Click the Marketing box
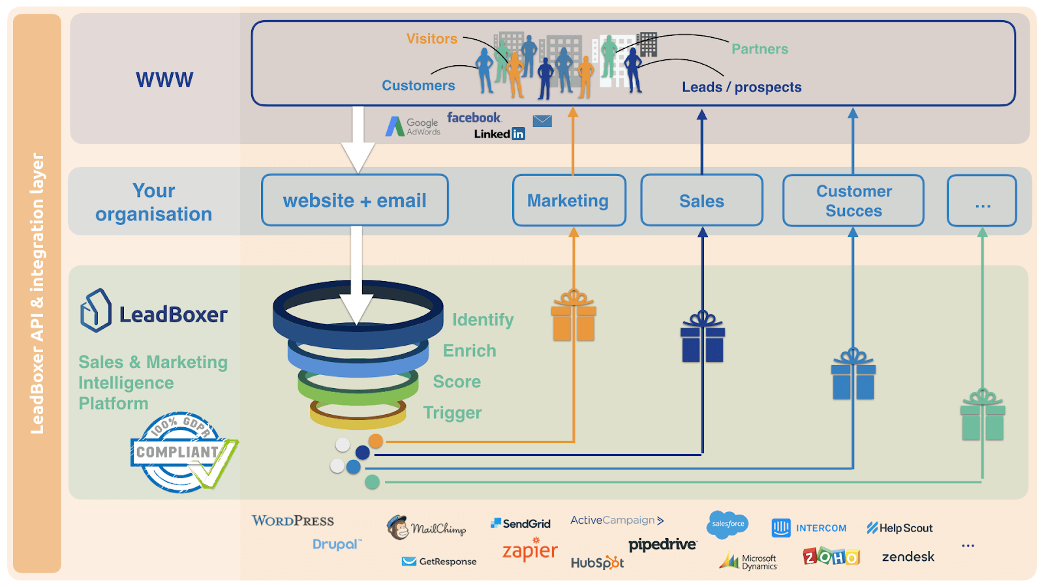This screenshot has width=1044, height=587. pyautogui.click(x=569, y=200)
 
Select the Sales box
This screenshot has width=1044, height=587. pyautogui.click(x=701, y=200)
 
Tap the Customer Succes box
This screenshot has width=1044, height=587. pyautogui.click(x=853, y=200)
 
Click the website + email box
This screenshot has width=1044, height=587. pyautogui.click(x=355, y=200)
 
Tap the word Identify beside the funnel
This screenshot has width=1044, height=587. pyautogui.click(x=483, y=320)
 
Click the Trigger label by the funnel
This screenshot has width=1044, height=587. pyautogui.click(x=452, y=413)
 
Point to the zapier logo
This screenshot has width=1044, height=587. pyautogui.click(x=530, y=550)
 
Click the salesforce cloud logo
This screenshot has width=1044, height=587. pyautogui.click(x=728, y=524)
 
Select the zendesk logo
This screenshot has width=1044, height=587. pyautogui.click(x=908, y=557)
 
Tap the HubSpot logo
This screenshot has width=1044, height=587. pyautogui.click(x=597, y=562)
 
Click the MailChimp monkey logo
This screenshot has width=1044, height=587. pyautogui.click(x=397, y=527)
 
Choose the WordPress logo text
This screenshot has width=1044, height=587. pyautogui.click(x=293, y=520)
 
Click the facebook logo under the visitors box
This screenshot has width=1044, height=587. pyautogui.click(x=474, y=117)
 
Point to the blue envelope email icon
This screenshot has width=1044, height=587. pyautogui.click(x=542, y=121)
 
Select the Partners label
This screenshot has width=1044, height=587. pyautogui.click(x=760, y=49)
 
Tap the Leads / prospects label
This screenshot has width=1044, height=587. pyautogui.click(x=741, y=87)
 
